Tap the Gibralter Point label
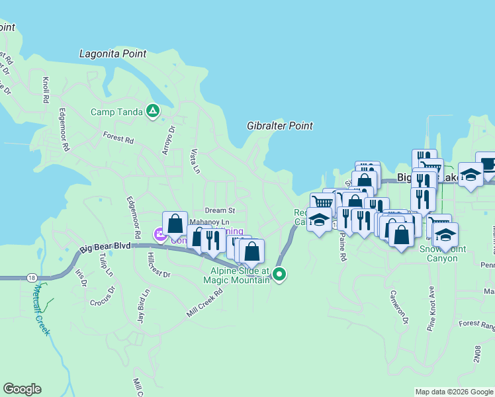[x=280, y=126]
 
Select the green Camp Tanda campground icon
[x=153, y=111]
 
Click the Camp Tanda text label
[x=117, y=112]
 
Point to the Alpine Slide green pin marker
[x=280, y=273]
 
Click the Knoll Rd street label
[x=46, y=89]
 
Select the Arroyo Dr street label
[x=167, y=140]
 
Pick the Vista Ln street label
[x=195, y=160]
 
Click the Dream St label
[x=216, y=210]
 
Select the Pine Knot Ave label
[x=431, y=308]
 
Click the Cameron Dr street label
[x=399, y=308]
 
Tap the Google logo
[x=22, y=389]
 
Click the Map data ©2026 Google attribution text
[x=453, y=392]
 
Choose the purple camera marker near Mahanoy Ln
[x=160, y=234]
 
